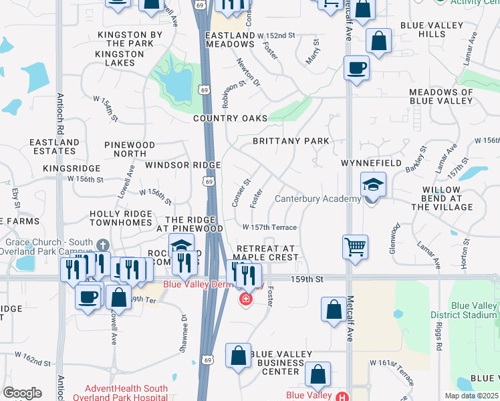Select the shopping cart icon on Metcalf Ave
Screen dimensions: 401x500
[355, 246]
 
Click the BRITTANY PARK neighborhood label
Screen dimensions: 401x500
[291, 141]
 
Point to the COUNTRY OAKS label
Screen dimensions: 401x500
[230, 118]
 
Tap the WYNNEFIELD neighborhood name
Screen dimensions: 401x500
[371, 163]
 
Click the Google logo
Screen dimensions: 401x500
[22, 392]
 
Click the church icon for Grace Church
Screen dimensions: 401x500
[102, 243]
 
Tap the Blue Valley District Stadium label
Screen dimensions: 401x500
[474, 311]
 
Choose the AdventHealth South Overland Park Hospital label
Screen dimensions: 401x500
[126, 392]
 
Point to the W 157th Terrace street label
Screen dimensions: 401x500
[274, 228]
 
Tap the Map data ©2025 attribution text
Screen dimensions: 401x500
[471, 396]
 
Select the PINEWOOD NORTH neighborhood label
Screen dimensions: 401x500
[130, 149]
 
